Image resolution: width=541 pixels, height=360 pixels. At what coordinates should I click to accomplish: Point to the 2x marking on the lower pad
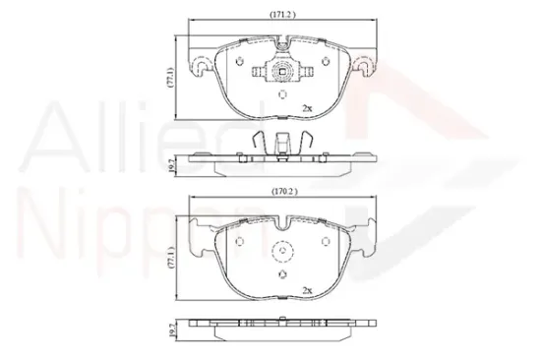306,289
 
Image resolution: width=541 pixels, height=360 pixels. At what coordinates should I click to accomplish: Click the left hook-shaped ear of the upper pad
201,66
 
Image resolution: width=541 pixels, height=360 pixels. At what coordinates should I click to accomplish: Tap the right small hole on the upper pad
326,59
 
